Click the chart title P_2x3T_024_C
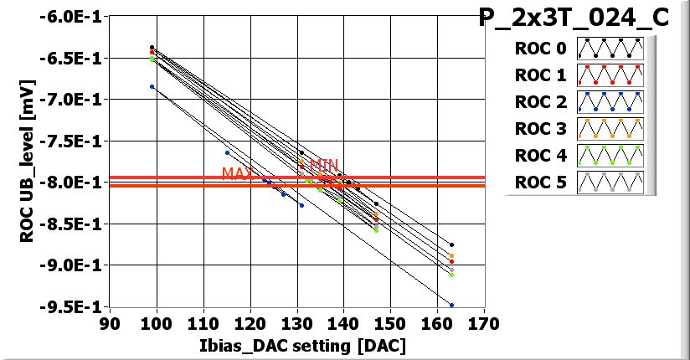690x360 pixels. [574, 18]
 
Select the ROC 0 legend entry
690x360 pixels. [541, 49]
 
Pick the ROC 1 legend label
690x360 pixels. [541, 75]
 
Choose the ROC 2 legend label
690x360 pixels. [541, 102]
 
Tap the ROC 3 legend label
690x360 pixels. [541, 129]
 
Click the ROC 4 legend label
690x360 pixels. [541, 156]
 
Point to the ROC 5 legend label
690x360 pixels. [541, 183]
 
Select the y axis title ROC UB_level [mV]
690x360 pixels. [27, 161]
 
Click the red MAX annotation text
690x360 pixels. [238, 173]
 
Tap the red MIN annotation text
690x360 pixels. [324, 165]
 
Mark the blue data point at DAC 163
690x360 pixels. [451, 305]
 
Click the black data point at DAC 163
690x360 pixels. [451, 245]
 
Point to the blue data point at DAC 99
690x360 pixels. [152, 86]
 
